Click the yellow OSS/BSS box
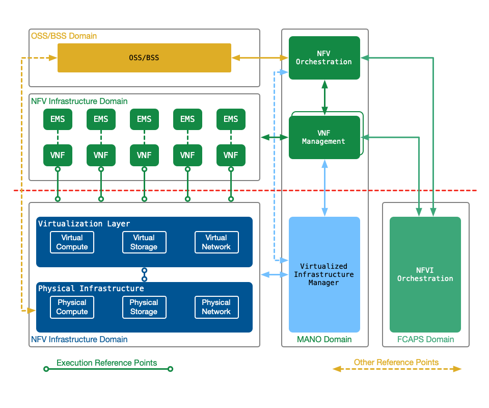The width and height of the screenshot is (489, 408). click(x=144, y=58)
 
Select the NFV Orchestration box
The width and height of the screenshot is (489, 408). click(x=324, y=58)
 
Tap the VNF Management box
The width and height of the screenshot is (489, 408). click(x=324, y=137)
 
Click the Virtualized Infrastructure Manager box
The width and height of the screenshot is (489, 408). click(x=324, y=274)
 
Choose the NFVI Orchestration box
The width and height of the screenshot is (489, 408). click(x=425, y=274)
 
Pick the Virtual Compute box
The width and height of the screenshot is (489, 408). click(x=72, y=242)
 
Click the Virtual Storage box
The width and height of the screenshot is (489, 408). click(x=144, y=242)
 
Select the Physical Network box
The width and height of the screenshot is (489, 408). click(x=216, y=307)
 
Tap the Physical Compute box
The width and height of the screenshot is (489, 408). click(x=72, y=307)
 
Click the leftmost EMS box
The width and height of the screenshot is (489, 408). click(x=58, y=119)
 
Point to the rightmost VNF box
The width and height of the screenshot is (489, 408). click(x=231, y=155)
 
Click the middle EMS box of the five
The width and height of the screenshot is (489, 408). click(x=144, y=119)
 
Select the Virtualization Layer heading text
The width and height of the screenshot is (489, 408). click(x=84, y=224)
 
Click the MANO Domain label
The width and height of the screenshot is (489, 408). click(x=324, y=339)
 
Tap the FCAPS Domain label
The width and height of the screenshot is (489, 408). click(x=425, y=339)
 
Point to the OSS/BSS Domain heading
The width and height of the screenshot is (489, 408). click(x=64, y=36)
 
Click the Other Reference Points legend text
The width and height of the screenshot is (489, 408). click(x=396, y=363)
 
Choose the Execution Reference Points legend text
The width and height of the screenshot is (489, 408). click(x=107, y=363)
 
